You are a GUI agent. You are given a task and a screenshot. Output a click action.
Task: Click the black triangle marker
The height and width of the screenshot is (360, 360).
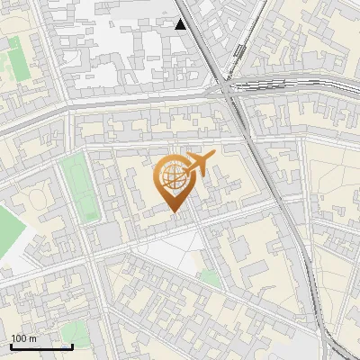click(181, 24)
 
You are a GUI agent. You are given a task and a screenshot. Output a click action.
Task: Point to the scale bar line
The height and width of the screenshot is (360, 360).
click(41, 346)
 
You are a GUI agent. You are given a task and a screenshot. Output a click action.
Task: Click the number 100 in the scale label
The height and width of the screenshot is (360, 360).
click(19, 339)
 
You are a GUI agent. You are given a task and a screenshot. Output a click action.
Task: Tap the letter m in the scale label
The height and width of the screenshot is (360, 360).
click(32, 339)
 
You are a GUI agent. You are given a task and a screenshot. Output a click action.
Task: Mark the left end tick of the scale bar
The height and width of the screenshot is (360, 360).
click(11, 346)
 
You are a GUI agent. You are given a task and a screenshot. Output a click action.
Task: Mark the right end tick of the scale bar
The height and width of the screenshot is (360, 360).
click(72, 346)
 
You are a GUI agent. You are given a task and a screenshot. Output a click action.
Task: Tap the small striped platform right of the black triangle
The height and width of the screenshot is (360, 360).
click(239, 50)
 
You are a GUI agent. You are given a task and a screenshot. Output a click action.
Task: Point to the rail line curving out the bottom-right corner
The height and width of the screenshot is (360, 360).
click(337, 346)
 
